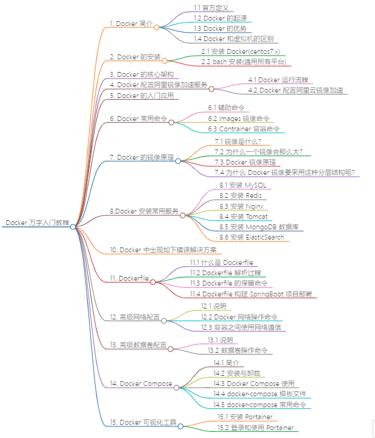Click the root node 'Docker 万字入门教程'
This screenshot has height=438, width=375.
[37, 223]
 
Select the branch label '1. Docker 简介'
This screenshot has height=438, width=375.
[131, 23]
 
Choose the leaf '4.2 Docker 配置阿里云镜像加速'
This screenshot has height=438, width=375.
[296, 90]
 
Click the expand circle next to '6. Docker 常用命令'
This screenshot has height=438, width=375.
[171, 122]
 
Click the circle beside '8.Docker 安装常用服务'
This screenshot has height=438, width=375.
[182, 215]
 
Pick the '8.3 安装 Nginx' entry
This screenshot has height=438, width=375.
[241, 206]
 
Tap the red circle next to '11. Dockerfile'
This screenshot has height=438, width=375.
[153, 281]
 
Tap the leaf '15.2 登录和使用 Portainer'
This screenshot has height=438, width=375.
[256, 428]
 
